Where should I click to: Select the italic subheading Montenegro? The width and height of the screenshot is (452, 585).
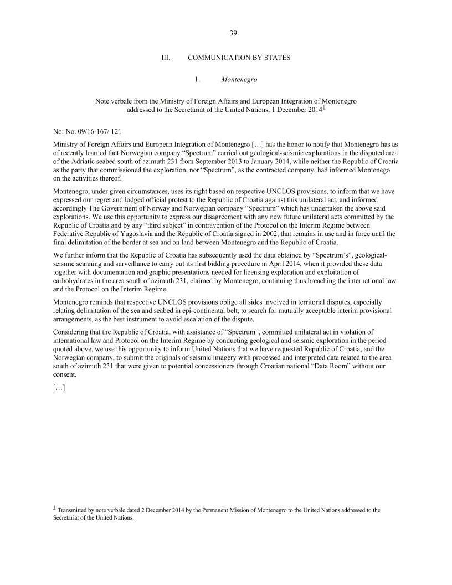[x=239, y=80]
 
